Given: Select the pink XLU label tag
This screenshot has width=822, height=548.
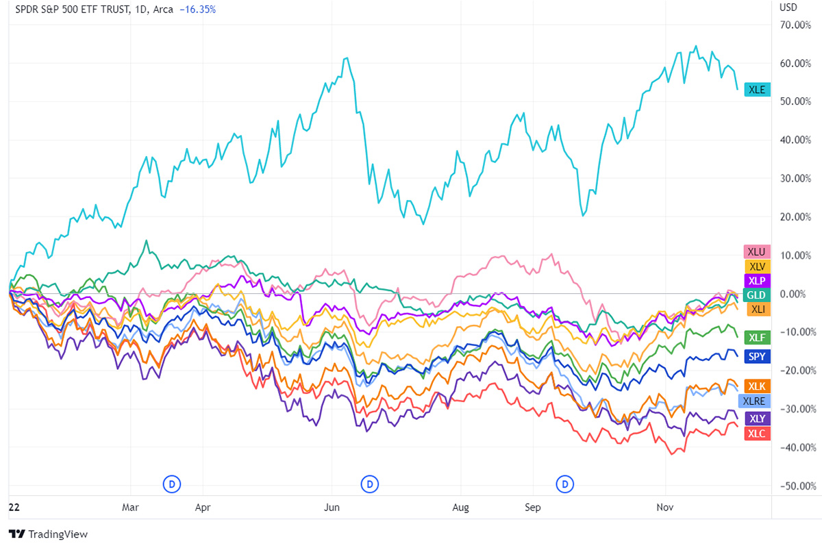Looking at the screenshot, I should click(757, 251).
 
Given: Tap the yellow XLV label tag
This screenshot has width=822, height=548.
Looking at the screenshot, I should click(757, 266).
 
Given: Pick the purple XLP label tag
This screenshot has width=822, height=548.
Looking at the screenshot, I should click(757, 281).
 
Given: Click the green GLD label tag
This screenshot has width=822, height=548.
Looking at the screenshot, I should click(757, 295).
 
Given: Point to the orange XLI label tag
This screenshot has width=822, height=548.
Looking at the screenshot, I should click(757, 310).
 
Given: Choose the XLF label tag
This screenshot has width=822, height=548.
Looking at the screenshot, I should click(757, 337).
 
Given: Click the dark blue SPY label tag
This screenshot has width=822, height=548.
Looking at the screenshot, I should click(757, 356).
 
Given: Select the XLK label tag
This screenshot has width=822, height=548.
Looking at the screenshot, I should click(757, 386).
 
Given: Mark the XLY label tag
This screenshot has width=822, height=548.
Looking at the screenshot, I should click(757, 419).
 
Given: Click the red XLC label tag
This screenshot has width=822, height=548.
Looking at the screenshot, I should click(757, 434).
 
